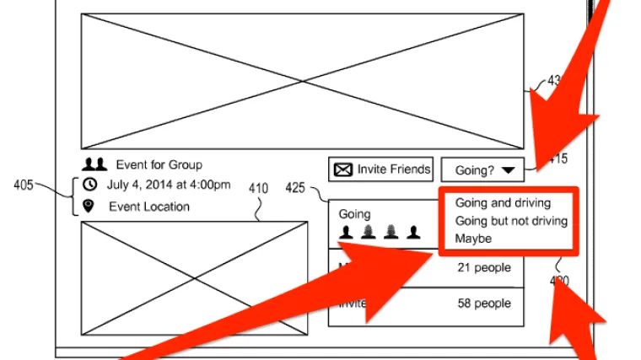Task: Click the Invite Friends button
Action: coord(381,169)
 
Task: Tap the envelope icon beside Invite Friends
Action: coord(343,169)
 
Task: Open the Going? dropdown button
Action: coord(482,170)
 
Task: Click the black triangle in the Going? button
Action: coord(508,170)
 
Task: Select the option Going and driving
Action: coord(503,203)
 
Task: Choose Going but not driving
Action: coord(511,221)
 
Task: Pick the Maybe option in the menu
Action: coord(473,239)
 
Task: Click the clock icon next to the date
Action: coord(90,185)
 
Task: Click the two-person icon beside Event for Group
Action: coord(96,164)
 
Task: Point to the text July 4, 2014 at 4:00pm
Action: coord(169,185)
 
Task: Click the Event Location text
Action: coord(149,207)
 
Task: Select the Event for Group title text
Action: coord(159,164)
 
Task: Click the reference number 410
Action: coord(258,189)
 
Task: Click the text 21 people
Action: coord(484,268)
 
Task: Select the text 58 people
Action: coord(484,302)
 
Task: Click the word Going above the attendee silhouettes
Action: coord(354,214)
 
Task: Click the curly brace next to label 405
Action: coord(72,196)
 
